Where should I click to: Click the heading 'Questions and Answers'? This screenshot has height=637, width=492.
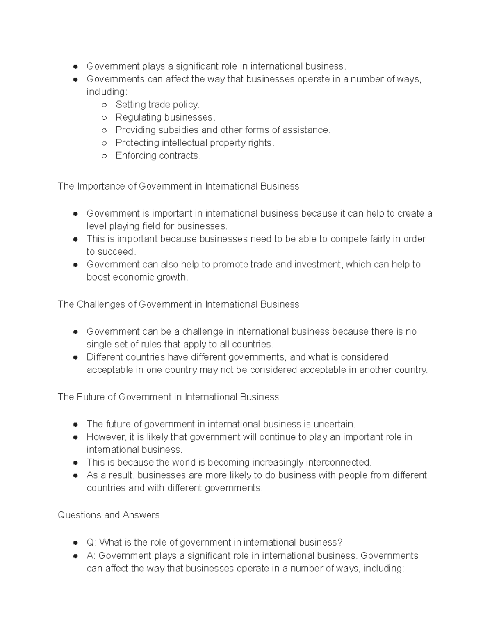(x=109, y=515)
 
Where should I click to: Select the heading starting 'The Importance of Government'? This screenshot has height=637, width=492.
(x=178, y=186)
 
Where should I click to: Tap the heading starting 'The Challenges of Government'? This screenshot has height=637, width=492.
(x=178, y=304)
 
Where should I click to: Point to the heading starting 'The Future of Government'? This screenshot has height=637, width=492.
(x=168, y=397)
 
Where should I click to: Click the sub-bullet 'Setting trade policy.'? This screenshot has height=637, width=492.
(x=157, y=105)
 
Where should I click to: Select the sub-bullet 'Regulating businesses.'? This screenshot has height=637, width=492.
(x=165, y=117)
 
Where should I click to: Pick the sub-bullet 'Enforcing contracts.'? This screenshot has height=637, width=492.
(x=158, y=155)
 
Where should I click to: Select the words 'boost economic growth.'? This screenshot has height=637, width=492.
(x=137, y=277)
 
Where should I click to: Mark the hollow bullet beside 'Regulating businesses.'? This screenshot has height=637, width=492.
(x=104, y=118)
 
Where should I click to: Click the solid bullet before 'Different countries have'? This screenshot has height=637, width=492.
(x=75, y=357)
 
